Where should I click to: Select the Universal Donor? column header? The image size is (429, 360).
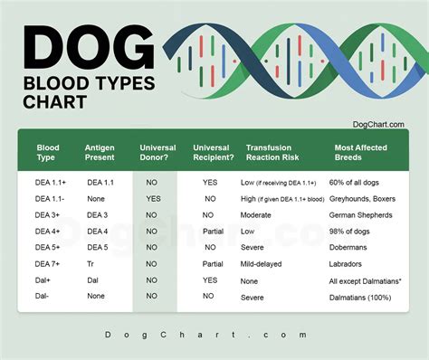157,152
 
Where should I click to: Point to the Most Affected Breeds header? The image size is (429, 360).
362,152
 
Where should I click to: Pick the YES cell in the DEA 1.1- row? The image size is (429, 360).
153,198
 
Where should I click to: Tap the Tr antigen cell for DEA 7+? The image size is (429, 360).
91,263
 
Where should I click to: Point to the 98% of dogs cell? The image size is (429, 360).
356,231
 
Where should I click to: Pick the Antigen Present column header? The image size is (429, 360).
100,152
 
